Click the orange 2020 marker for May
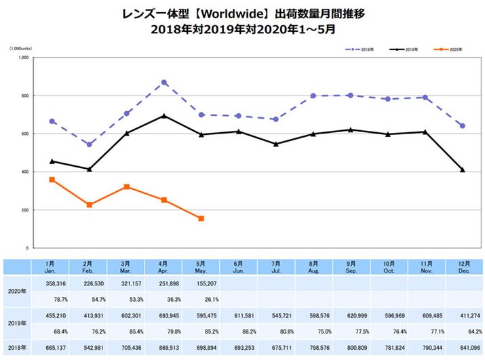tap(201, 218)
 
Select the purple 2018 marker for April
tap(164, 83)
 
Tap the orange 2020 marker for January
tap(52, 180)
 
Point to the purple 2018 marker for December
tap(462, 125)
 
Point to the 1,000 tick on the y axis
tap(22, 58)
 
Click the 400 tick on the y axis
tap(24, 172)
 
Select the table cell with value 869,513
tap(164, 347)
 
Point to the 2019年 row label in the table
tap(15, 323)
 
